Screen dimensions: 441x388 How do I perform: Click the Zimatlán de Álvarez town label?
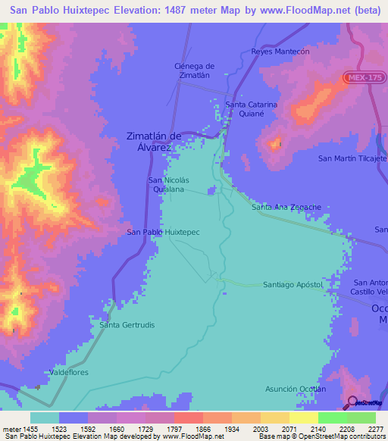[x=153, y=142]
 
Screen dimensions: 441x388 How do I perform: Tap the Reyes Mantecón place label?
[x=281, y=52]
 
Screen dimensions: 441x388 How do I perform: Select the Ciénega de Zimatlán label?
[x=191, y=70]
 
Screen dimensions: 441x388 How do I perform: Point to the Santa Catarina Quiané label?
[x=252, y=109]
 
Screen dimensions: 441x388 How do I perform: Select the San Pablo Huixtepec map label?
[x=163, y=232]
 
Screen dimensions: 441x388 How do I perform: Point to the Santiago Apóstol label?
[x=293, y=284]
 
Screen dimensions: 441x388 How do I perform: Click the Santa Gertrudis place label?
[x=127, y=324]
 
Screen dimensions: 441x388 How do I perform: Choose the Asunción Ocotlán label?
[x=295, y=389]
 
